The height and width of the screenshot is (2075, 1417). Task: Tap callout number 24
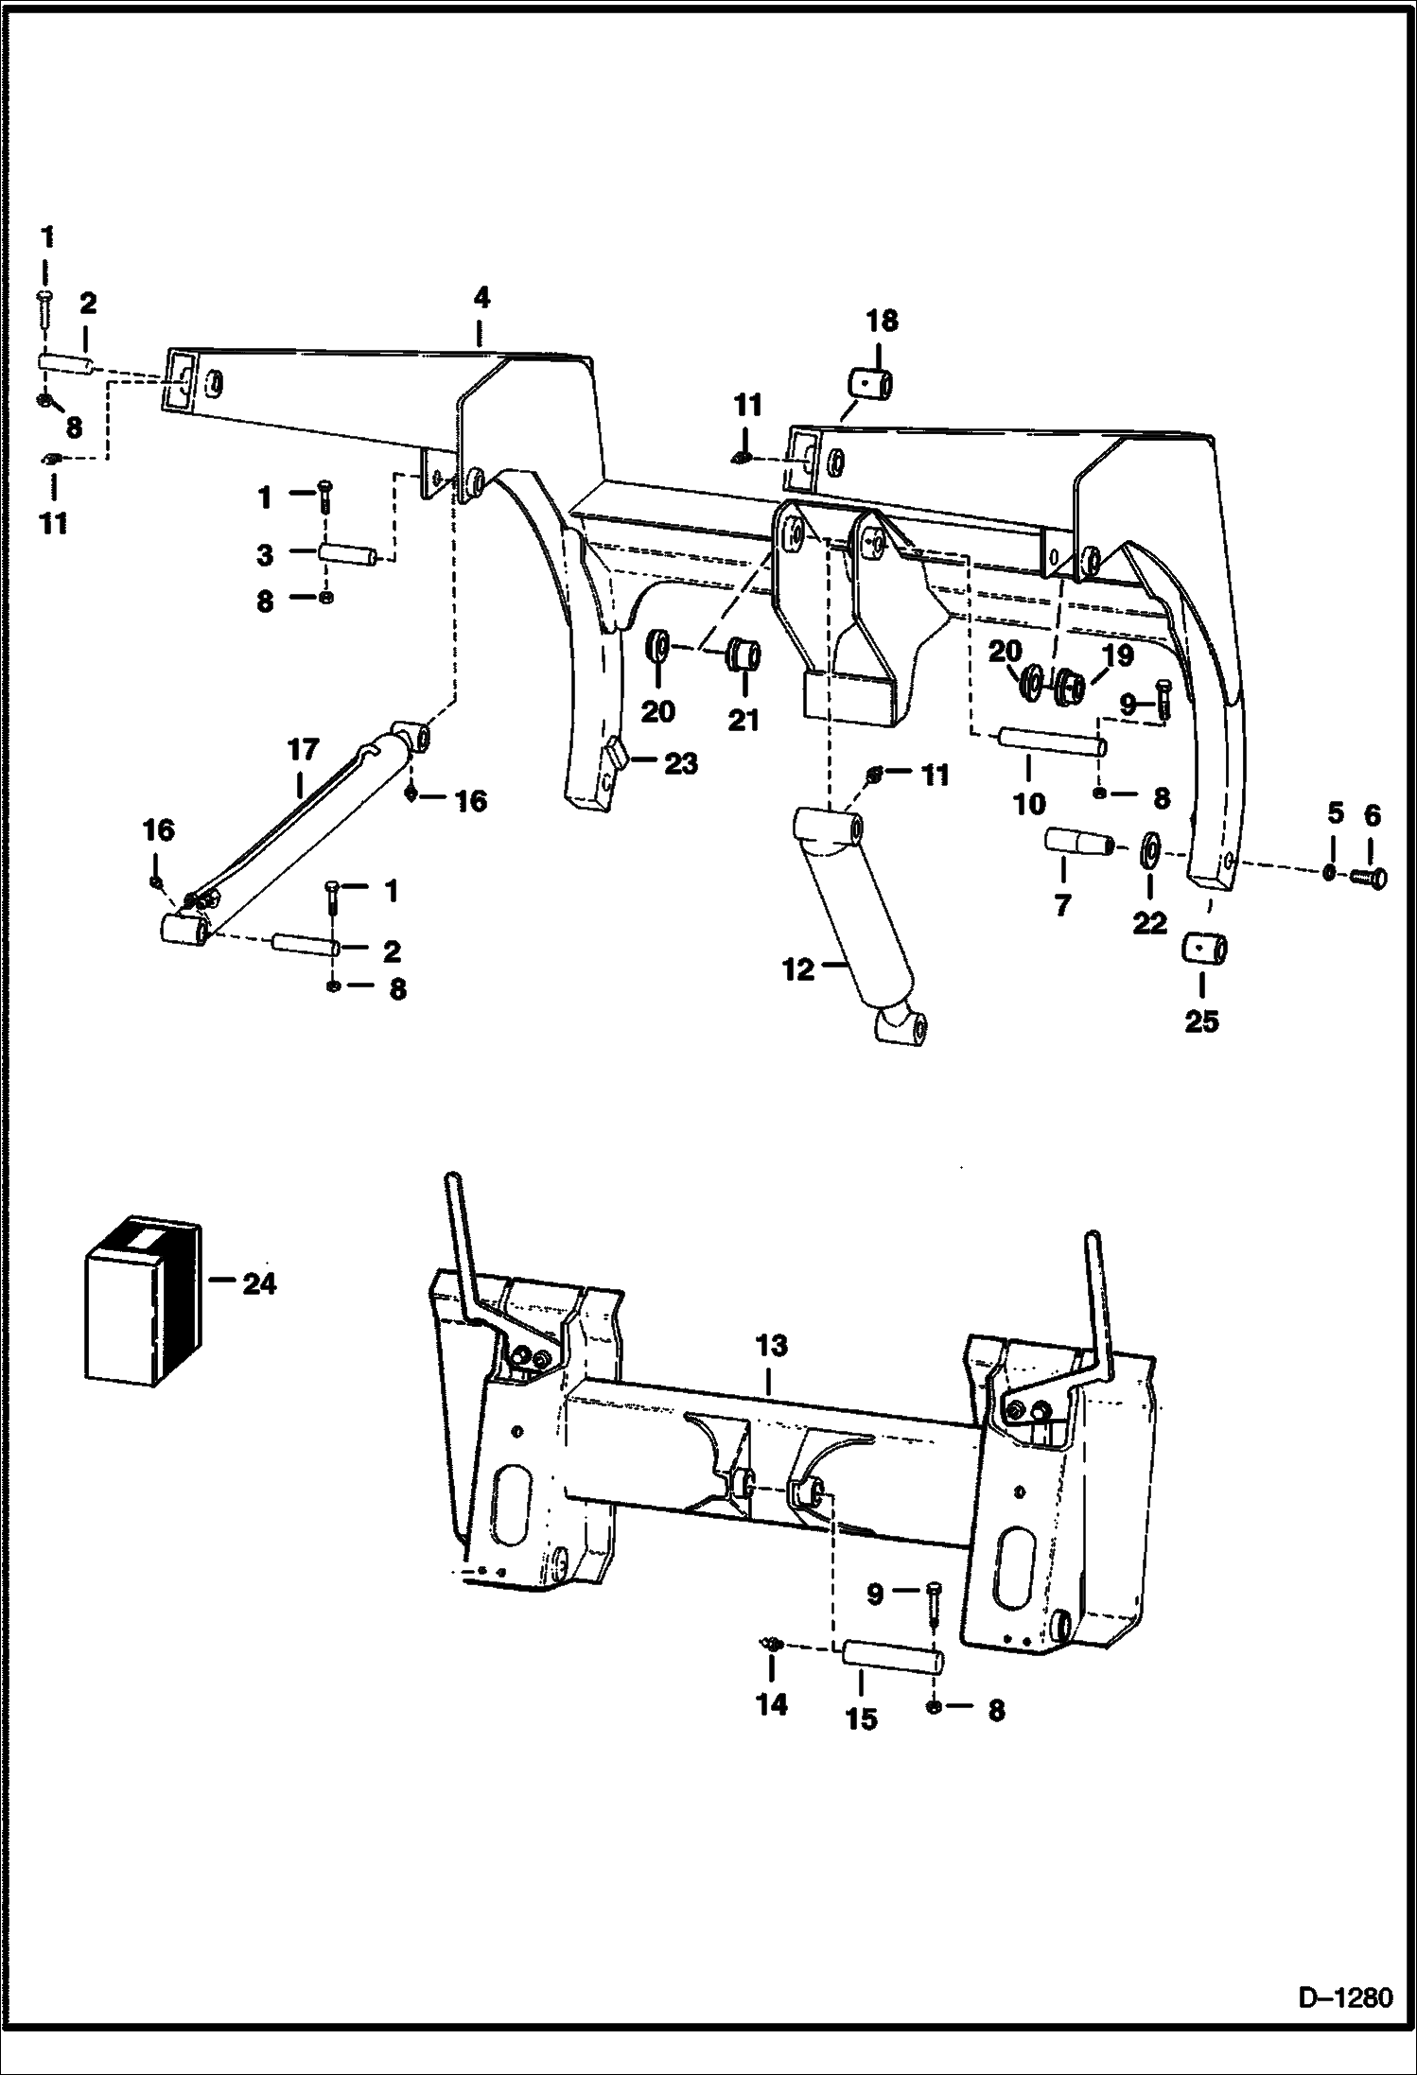click(x=258, y=1283)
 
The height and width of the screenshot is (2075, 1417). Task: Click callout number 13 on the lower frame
click(x=771, y=1345)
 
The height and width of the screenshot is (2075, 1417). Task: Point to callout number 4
click(x=481, y=298)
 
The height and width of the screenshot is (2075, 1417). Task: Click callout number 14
click(x=771, y=1704)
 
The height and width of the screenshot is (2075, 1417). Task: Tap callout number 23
click(x=681, y=762)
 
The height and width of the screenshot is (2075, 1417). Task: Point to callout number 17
click(x=303, y=750)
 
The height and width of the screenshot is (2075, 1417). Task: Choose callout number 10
click(x=1029, y=805)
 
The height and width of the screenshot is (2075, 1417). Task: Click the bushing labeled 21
click(x=743, y=654)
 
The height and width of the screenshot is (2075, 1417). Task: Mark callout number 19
click(x=1118, y=655)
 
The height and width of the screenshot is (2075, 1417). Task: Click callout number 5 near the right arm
click(x=1335, y=812)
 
